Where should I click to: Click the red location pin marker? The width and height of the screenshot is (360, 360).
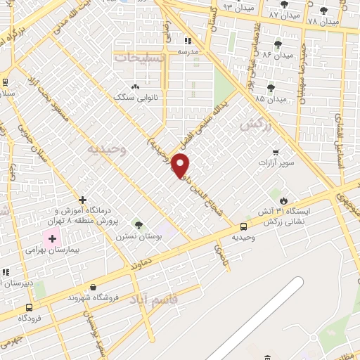click(x=181, y=166)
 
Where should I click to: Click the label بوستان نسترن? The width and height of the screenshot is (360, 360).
click(x=138, y=237)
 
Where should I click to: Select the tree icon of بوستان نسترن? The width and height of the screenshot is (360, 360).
click(x=139, y=225)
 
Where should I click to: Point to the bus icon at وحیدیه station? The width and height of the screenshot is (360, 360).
click(x=243, y=226)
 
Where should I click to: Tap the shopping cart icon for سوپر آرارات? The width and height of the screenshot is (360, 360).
click(x=276, y=152)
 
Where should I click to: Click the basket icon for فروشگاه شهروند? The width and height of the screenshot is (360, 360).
click(x=94, y=286)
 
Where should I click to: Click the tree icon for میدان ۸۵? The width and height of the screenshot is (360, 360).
click(x=271, y=88)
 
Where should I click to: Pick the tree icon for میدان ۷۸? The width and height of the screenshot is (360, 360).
click(x=323, y=11)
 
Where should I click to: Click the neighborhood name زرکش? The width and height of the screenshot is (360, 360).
click(x=255, y=124)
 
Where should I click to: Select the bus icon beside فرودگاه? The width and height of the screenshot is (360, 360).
click(x=29, y=307)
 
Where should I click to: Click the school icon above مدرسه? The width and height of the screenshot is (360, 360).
click(x=188, y=41)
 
